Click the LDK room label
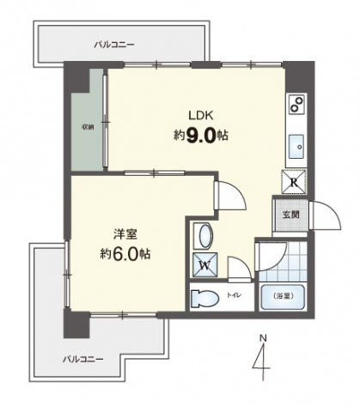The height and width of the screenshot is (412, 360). point(200,115)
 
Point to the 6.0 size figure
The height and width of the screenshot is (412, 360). point(130,254)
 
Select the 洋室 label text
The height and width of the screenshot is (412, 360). point(125,234)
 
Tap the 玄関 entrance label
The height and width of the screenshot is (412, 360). point(291,215)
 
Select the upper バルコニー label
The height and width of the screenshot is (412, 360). point(114,45)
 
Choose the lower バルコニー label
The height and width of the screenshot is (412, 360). point(83,359)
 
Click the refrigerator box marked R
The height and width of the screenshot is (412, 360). point(294,182)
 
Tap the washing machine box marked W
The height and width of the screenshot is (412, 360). point(205,265)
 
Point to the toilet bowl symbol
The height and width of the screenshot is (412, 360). point(204,299)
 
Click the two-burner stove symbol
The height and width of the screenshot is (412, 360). point(296,104)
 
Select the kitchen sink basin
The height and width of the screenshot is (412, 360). point(296,146)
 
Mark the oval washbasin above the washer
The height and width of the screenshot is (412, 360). point(205,236)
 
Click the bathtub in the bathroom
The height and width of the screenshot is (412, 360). point(283,297)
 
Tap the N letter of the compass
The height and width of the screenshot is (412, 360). point(263,338)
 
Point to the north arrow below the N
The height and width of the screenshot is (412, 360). point(262,361)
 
